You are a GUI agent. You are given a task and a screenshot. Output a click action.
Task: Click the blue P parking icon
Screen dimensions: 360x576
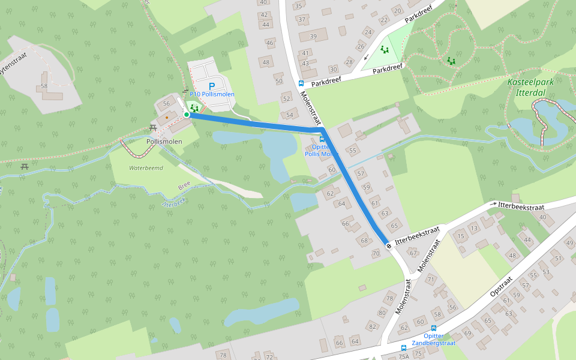[x=211, y=86]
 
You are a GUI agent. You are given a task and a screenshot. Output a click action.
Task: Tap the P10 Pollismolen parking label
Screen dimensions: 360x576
[x=212, y=95]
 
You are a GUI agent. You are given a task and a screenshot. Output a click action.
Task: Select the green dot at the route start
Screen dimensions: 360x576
[x=187, y=115]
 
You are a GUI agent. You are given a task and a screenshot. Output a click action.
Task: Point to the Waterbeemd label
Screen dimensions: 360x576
[x=146, y=168]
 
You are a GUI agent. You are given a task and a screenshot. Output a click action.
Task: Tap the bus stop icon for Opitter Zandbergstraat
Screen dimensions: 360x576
[x=434, y=328]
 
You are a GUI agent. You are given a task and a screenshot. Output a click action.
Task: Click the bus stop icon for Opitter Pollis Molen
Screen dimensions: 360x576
[x=322, y=139]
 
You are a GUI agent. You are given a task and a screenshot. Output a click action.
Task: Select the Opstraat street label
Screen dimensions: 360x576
[x=501, y=286]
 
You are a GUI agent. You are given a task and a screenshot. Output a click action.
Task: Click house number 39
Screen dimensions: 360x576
[x=313, y=37]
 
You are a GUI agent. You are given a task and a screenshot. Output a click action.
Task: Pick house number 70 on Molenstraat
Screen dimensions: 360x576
[x=376, y=253]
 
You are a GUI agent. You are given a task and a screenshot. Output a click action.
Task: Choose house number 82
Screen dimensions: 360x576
[x=372, y=326]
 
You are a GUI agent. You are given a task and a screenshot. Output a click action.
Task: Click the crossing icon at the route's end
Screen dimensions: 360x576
[x=389, y=245]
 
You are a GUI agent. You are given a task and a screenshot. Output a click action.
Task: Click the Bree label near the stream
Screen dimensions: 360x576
[x=184, y=187]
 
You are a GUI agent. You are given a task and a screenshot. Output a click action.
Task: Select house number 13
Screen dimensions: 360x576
[x=474, y=228]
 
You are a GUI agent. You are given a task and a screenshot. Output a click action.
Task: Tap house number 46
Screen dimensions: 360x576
[x=270, y=43]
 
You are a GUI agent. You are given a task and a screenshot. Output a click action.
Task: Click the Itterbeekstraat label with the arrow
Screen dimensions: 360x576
[x=519, y=205]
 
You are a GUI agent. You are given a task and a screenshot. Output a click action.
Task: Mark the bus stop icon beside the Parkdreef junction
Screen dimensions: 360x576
[x=301, y=84]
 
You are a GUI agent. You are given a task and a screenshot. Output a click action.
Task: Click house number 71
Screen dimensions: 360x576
[x=430, y=280]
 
